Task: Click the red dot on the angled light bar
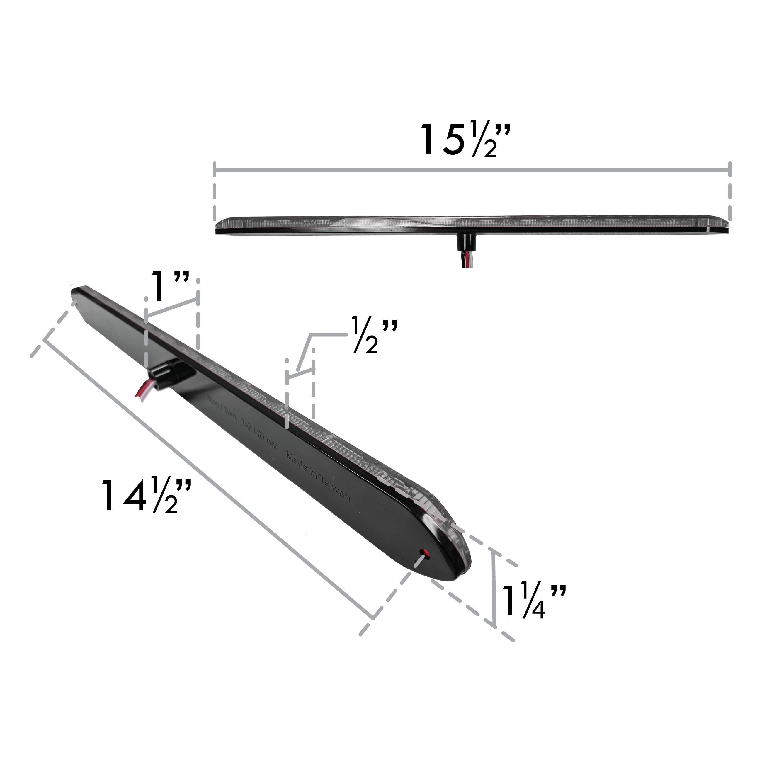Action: coord(425,552)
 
